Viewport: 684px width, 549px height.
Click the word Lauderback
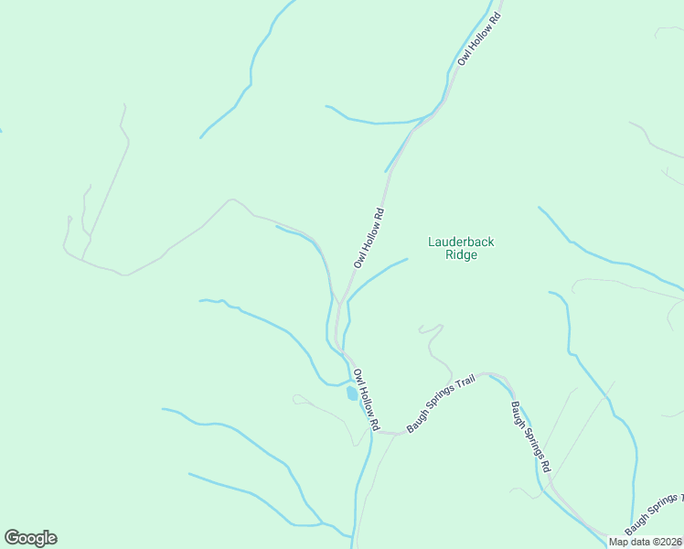pos(461,242)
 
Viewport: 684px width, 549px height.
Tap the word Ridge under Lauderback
pos(461,255)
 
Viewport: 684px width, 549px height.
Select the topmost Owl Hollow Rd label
pos(480,39)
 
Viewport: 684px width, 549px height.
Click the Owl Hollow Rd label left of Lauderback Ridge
pos(369,239)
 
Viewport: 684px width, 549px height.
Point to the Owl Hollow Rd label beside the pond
pos(366,400)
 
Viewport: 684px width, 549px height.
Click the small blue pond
pos(351,394)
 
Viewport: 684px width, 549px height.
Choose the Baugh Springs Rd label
pos(530,436)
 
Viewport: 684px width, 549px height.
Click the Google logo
pos(30,538)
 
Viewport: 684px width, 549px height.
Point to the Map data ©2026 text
pos(646,542)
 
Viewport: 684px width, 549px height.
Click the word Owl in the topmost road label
pos(465,58)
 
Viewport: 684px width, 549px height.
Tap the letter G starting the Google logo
pos(12,537)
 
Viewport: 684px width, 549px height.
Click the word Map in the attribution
pos(619,542)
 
